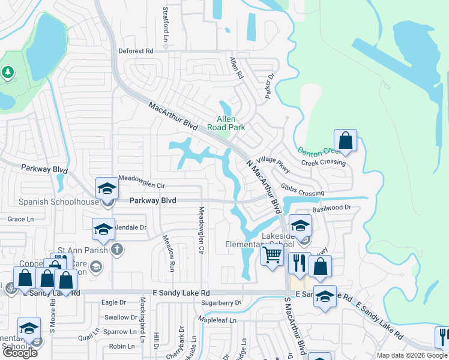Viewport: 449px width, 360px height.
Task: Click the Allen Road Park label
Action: tap(226, 123)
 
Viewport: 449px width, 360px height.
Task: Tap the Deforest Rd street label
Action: tap(136, 51)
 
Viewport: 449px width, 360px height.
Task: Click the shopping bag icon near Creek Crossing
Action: tap(346, 140)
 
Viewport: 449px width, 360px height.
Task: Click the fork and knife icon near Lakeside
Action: tap(298, 262)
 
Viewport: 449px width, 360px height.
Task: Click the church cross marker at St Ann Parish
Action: tap(116, 248)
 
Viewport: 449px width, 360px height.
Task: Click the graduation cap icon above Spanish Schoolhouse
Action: tap(107, 188)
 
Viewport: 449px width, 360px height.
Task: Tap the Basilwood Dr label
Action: tap(331, 208)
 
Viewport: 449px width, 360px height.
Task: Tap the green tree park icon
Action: tap(7, 73)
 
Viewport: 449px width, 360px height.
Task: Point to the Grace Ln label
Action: tap(20, 219)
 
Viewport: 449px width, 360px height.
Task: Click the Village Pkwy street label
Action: tap(274, 162)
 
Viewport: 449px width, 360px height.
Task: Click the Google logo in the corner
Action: tap(20, 353)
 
